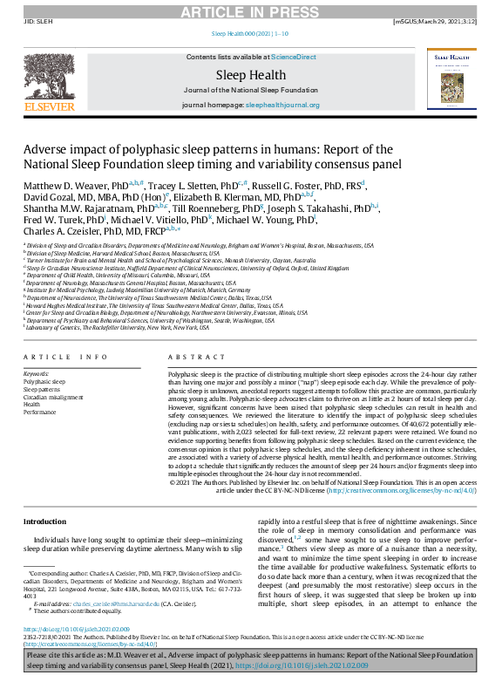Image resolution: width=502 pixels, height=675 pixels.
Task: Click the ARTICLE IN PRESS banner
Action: point(250,10)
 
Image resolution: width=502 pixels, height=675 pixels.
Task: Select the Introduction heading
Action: point(44,522)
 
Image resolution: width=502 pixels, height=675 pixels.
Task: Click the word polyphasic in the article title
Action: point(134,149)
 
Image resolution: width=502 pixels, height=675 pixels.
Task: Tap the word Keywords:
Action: point(37,373)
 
